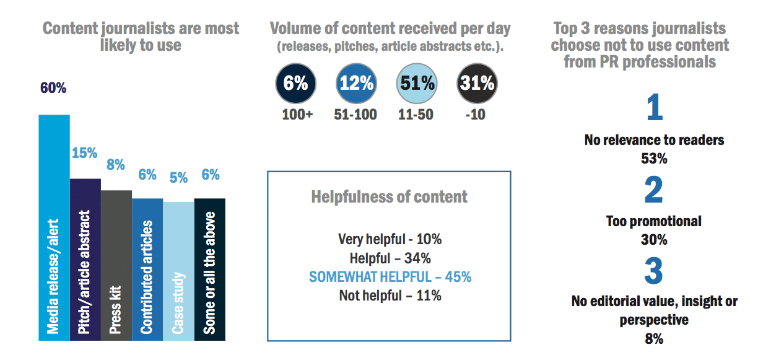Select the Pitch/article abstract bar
[x=85, y=260]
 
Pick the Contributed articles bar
[x=147, y=269]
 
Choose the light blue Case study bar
[x=178, y=271]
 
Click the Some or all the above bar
[x=209, y=269]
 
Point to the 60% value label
[x=53, y=88]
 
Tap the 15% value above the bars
[x=85, y=153]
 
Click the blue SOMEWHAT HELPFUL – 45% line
[x=390, y=276]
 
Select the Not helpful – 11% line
[x=390, y=295]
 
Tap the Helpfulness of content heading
[x=389, y=197]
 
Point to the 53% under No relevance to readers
[x=654, y=158]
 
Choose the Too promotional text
[x=654, y=221]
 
